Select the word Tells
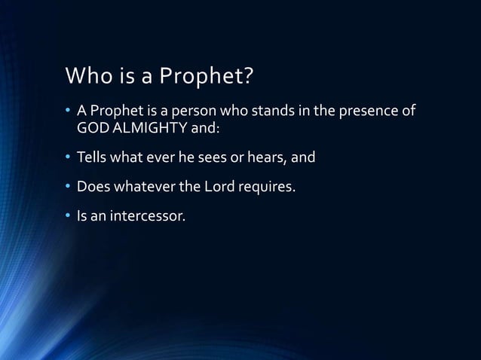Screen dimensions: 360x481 (x=93, y=158)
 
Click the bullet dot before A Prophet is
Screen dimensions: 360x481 (x=68, y=113)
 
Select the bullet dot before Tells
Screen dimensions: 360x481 (x=68, y=158)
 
